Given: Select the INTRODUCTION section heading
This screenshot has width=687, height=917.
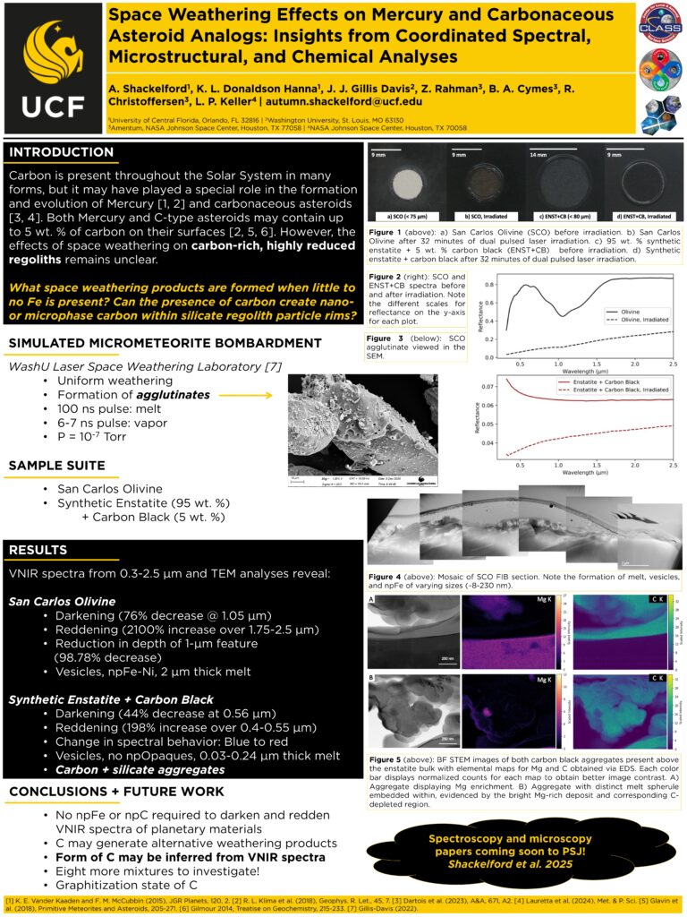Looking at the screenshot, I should click(x=62, y=152).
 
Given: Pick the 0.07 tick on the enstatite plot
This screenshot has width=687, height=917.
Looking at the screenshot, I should click(x=488, y=387).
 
